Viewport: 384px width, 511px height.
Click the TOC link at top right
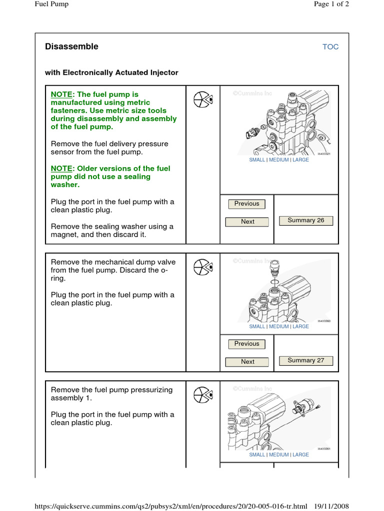coord(330,47)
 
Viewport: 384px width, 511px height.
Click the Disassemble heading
coord(71,46)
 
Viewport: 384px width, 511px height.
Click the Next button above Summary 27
coord(247,362)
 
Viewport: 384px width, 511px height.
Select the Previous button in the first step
coord(246,204)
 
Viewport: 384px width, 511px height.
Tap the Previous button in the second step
coord(246,344)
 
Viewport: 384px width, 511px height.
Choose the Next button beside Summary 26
coord(247,222)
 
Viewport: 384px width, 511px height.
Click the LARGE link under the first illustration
coord(300,160)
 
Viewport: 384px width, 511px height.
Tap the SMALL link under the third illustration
coord(257,455)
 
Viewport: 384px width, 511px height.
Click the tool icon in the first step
coord(203,99)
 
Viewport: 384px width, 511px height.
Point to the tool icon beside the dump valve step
coord(203,266)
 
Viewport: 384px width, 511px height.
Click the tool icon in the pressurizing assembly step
coord(203,395)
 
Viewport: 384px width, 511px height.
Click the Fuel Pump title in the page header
coord(51,4)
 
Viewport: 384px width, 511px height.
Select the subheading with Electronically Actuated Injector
coord(111,72)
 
